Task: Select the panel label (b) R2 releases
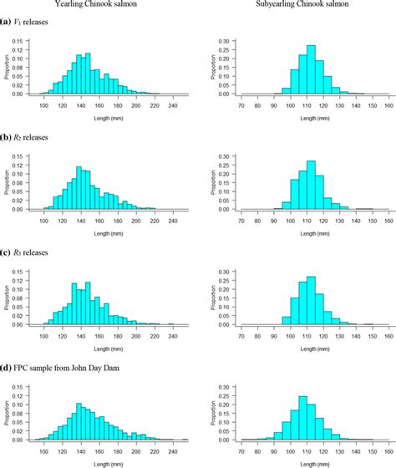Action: point(31,136)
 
